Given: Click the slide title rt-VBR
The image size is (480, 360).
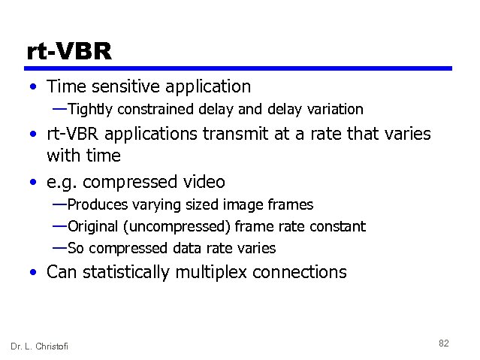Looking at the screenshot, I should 69,52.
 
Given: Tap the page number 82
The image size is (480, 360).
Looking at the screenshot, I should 443,343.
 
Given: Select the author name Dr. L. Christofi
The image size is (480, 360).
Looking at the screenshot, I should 39,346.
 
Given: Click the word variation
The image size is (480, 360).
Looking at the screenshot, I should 335,110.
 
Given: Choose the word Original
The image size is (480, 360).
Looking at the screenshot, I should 93,226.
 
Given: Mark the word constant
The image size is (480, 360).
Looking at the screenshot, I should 338,226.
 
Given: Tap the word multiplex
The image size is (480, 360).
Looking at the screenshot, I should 213,272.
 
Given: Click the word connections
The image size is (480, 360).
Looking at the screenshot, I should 300,272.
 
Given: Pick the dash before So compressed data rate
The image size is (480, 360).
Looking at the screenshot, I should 59,247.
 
